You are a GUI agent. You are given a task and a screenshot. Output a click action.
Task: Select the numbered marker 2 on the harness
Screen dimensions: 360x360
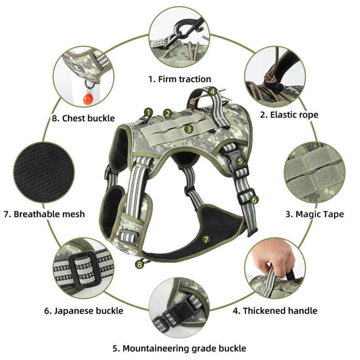167,113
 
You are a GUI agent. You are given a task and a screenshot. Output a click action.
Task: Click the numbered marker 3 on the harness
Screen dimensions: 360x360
189,129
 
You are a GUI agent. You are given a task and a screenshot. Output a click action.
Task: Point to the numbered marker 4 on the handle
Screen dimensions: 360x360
213,91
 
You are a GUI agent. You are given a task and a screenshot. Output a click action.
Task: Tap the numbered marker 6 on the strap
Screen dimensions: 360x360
254,199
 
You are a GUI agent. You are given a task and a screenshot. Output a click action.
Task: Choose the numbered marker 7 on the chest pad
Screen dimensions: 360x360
206,239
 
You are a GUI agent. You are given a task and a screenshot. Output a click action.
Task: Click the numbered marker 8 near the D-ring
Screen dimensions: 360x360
139,265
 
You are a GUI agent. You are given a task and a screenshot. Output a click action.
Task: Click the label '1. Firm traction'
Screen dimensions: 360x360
180,79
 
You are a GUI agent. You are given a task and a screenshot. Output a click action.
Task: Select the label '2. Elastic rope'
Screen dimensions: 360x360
289,115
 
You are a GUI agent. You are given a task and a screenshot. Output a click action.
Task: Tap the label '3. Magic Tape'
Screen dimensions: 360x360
315,214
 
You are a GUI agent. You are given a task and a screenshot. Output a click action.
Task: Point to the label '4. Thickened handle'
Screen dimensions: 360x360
274,310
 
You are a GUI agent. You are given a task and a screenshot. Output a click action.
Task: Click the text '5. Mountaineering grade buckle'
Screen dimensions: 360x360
179,348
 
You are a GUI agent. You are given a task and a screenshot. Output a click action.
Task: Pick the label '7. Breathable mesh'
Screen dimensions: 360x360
44,214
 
